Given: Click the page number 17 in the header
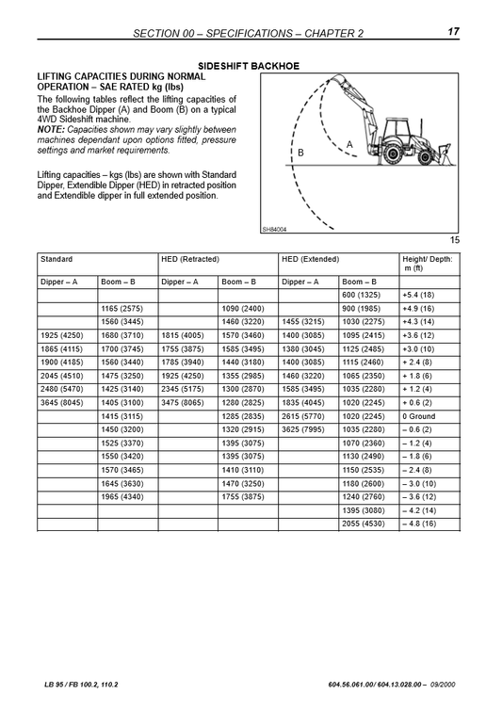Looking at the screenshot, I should coord(453,33).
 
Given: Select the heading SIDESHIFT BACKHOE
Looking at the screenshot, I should coord(250,66).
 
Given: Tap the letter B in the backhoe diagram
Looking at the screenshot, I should coord(300,153).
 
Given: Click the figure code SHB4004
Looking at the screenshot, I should coord(274,228).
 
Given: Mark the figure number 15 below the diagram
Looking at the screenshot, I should coord(454,240).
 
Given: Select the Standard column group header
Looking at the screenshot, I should coord(57,258).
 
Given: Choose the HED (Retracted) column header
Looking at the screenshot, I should coord(190,258).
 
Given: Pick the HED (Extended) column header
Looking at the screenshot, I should coord(310,258).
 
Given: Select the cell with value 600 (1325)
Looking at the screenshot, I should coord(361,295).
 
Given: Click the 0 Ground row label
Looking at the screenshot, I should coord(419,442).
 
